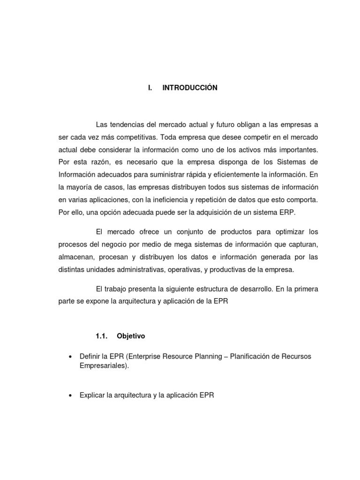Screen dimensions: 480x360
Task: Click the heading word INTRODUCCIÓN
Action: pos(190,88)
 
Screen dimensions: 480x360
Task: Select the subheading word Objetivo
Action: pos(131,336)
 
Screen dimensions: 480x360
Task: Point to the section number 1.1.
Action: pos(102,336)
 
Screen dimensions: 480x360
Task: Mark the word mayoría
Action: pos(80,187)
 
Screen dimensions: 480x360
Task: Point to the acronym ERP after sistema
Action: pos(288,212)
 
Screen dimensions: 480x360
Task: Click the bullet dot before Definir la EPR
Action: pos(70,357)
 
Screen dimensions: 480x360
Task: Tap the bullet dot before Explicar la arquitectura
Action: pos(70,396)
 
